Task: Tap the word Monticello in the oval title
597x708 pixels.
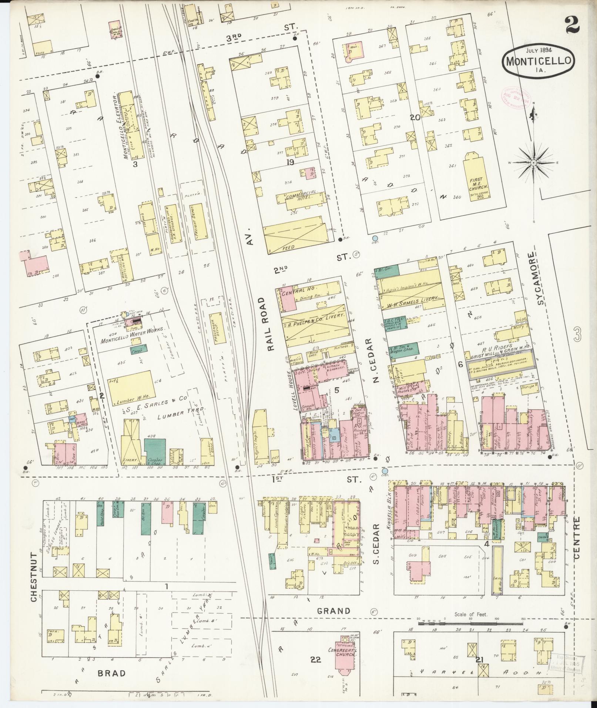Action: pyautogui.click(x=539, y=61)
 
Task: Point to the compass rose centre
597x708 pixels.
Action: pyautogui.click(x=534, y=163)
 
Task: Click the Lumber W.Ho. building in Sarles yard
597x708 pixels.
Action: pyautogui.click(x=130, y=390)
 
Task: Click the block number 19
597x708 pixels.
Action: pyautogui.click(x=290, y=162)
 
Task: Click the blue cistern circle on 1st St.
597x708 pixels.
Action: pyautogui.click(x=385, y=471)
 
